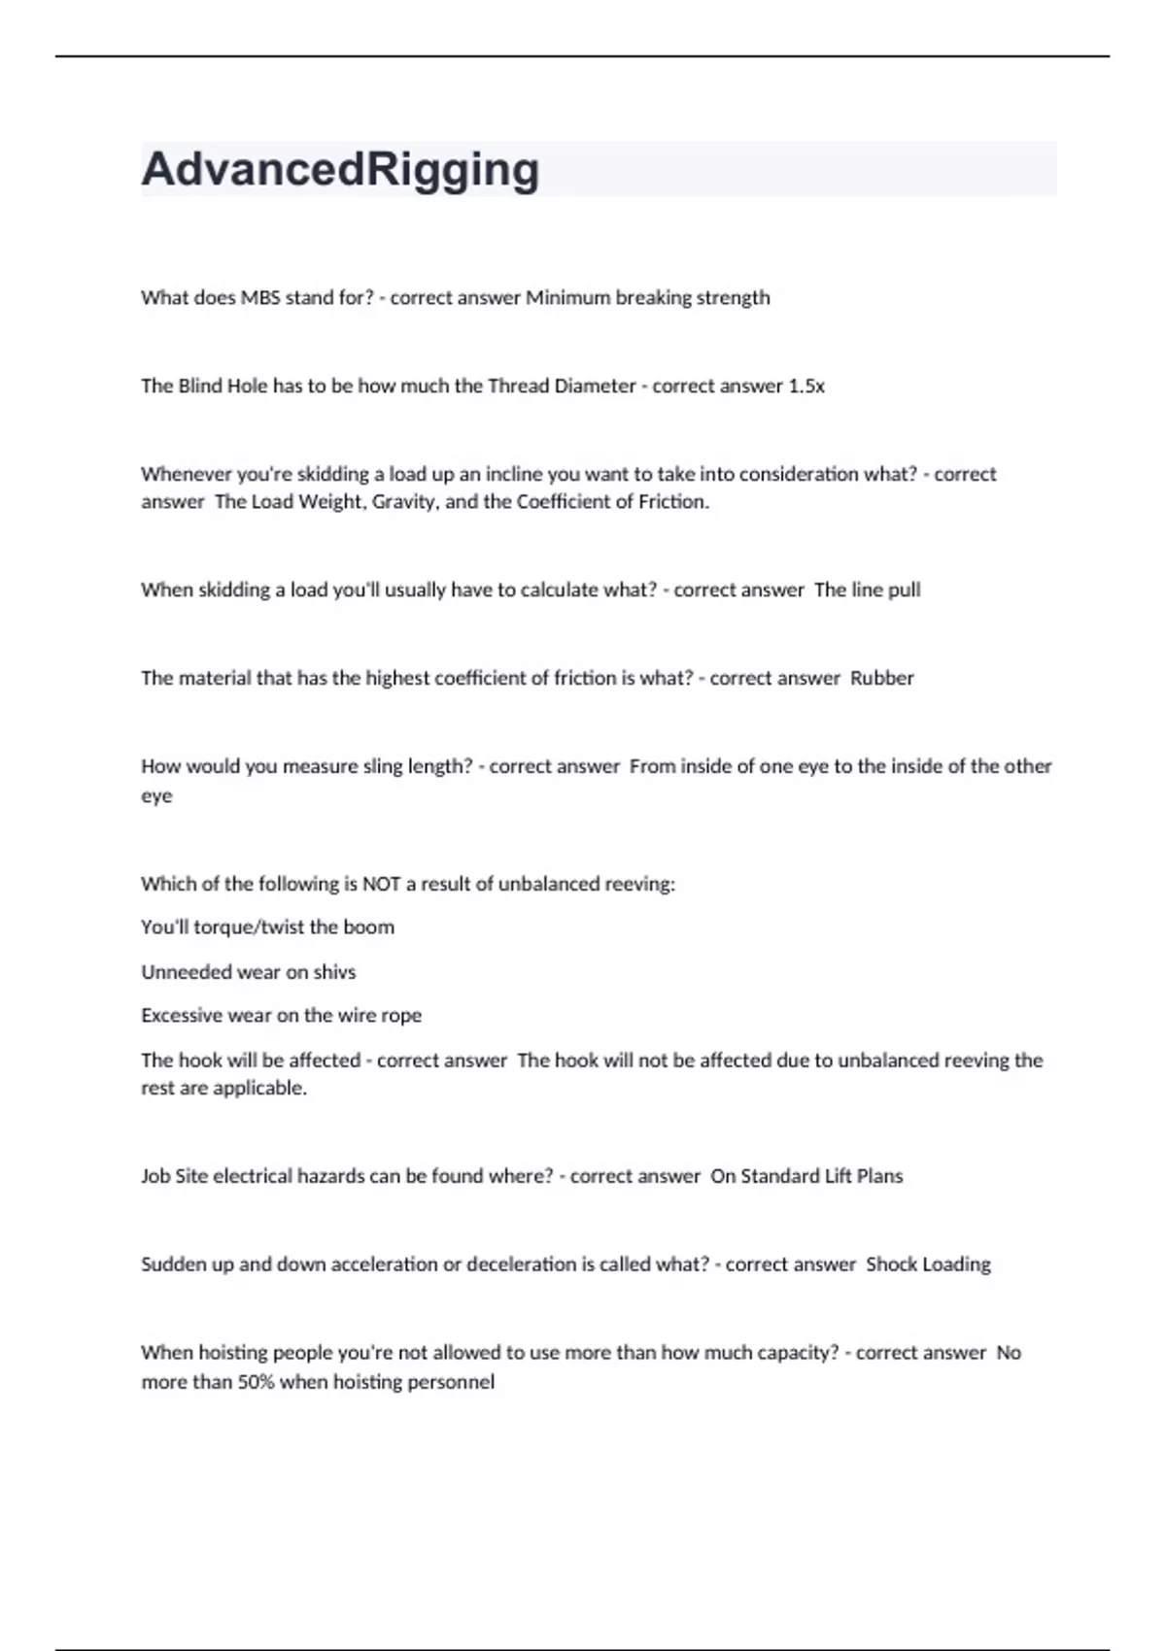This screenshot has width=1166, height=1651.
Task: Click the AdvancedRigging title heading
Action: (x=340, y=170)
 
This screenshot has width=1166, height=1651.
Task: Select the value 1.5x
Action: (x=806, y=387)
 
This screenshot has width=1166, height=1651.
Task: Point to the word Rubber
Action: (x=882, y=679)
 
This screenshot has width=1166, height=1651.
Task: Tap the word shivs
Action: (x=334, y=972)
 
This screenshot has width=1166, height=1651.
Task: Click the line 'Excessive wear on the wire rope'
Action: (x=282, y=1016)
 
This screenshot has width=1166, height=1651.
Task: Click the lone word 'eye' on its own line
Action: (x=156, y=796)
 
